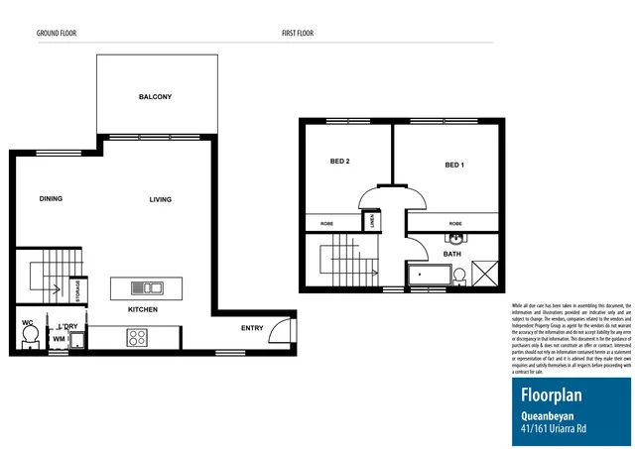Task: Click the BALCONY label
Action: [x=155, y=97]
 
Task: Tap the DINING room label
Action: [x=51, y=199]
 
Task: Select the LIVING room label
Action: [x=160, y=199]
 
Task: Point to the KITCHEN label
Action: [x=142, y=310]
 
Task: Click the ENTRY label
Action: [x=252, y=328]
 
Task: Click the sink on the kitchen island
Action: [x=152, y=288]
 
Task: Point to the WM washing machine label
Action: [x=59, y=339]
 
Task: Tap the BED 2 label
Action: [x=339, y=164]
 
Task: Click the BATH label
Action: [x=452, y=255]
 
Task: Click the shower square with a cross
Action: [x=487, y=272]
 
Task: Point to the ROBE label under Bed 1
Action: [x=455, y=224]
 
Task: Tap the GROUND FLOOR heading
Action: [x=57, y=33]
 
